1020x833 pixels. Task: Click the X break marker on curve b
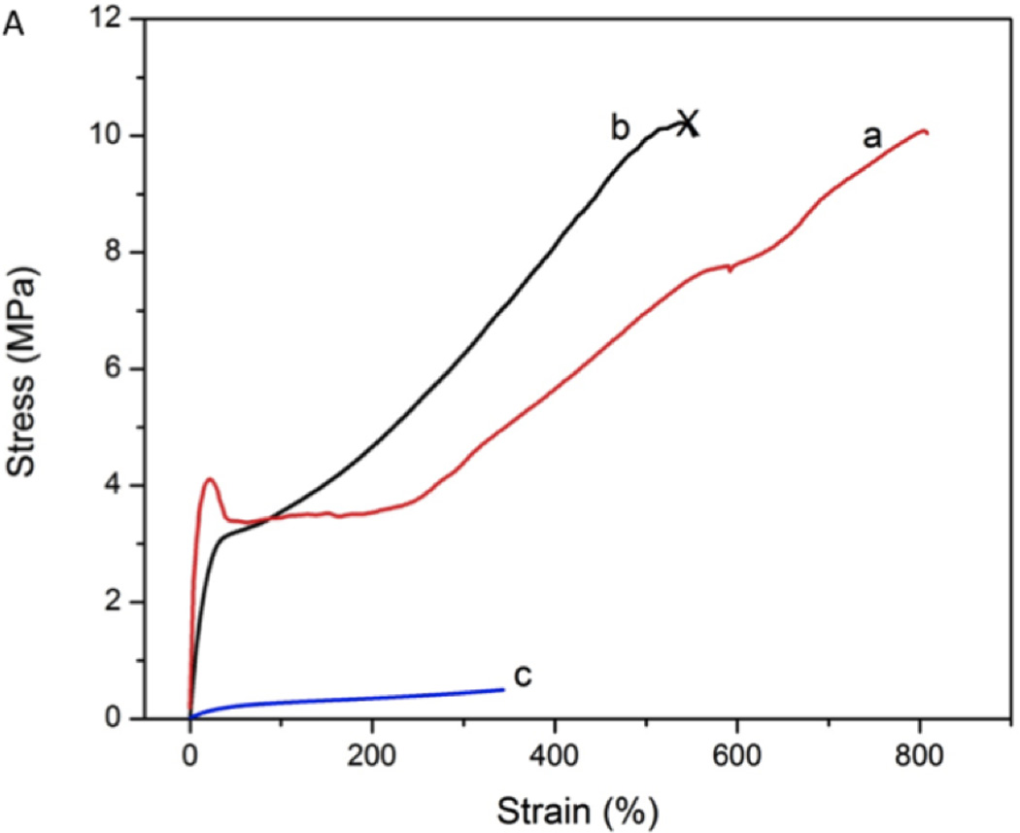click(x=688, y=122)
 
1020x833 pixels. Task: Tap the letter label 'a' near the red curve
click(x=872, y=137)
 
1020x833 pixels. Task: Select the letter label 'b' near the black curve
click(x=620, y=127)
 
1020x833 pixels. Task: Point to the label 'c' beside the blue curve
click(x=523, y=676)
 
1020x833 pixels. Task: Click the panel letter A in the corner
click(x=14, y=26)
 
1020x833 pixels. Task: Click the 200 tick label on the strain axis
click(x=372, y=755)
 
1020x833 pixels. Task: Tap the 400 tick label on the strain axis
click(x=555, y=755)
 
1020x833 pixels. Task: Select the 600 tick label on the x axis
click(x=737, y=755)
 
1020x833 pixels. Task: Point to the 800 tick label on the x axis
click(x=919, y=755)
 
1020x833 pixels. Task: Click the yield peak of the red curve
click(x=209, y=478)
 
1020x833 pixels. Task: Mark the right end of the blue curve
click(x=503, y=689)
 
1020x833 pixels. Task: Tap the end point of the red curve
click(x=928, y=132)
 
